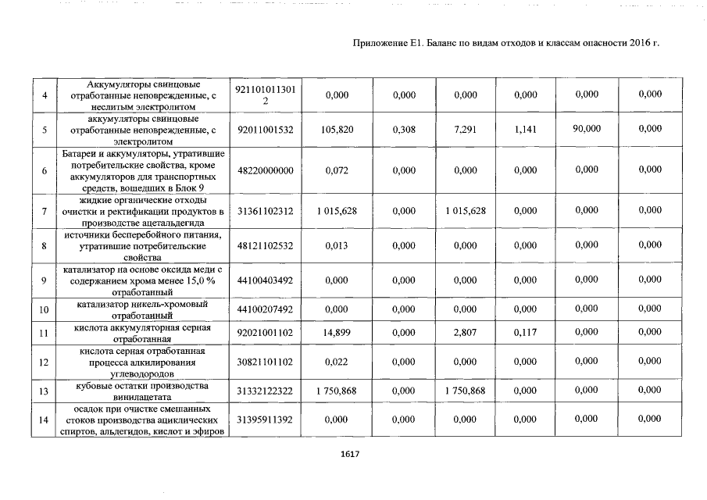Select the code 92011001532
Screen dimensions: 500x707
[265, 130]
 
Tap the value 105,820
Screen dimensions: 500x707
[337, 130]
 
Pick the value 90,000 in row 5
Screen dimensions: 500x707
[586, 128]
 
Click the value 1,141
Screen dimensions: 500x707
[526, 130]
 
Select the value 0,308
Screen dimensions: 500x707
[405, 130]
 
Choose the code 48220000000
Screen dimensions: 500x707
[265, 170]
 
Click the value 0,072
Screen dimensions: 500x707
[337, 170]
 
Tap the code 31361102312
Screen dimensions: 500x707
[265, 212]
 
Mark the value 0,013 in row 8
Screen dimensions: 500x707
[337, 247]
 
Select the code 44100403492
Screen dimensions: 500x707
[265, 280]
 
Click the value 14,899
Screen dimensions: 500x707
[337, 333]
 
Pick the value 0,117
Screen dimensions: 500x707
[526, 333]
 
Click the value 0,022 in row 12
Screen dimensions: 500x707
[337, 362]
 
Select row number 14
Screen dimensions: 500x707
[45, 420]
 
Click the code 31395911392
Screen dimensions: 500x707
[265, 420]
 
